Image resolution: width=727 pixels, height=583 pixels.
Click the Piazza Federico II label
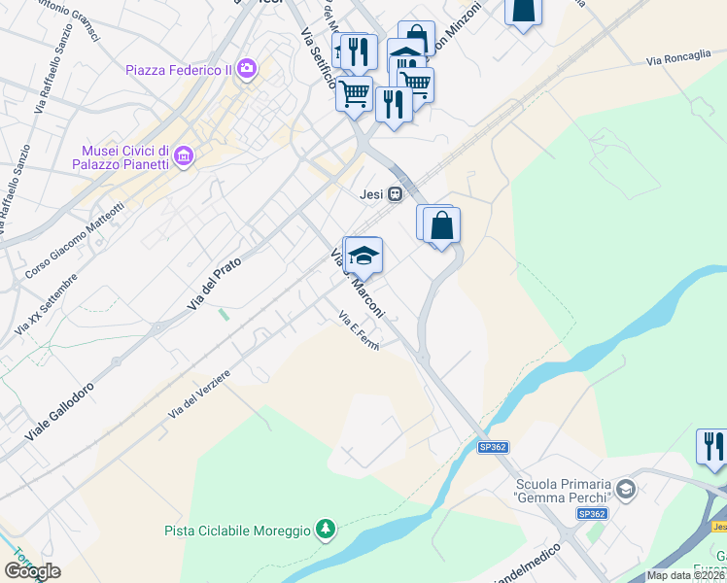180,69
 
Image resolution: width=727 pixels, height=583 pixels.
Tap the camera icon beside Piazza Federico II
247,68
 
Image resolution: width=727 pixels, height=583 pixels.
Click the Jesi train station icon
395,194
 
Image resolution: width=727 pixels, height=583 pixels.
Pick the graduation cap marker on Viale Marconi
363,256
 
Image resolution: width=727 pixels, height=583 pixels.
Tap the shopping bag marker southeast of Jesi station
441,225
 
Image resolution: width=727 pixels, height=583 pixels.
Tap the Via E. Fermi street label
357,330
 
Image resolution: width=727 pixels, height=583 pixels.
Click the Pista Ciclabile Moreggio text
236,531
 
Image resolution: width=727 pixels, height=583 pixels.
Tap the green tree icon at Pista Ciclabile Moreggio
326,530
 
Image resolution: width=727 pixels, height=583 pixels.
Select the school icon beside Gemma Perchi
626,487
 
